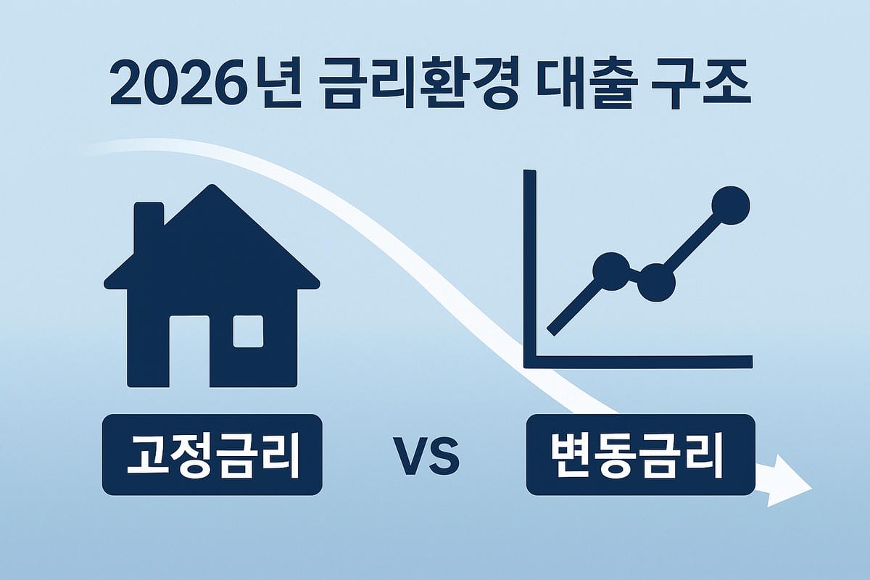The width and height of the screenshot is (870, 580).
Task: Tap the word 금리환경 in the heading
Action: (418, 83)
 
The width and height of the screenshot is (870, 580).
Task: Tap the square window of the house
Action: (248, 331)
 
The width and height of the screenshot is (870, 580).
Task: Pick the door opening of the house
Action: (189, 352)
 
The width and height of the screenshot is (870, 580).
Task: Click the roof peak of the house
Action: (212, 185)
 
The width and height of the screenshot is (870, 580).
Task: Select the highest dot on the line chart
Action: (731, 205)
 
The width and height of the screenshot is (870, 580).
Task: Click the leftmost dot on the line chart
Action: (611, 271)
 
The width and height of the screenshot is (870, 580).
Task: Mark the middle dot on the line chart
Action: (657, 283)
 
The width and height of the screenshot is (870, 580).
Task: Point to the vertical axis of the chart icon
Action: (530, 268)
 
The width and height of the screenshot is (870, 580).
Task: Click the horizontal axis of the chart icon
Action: (638, 362)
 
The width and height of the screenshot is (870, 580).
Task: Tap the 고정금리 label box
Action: (212, 455)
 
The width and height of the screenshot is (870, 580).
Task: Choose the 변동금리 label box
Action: (641, 455)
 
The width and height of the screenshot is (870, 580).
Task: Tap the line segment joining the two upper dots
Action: (694, 244)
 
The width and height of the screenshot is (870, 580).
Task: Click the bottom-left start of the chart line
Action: (552, 332)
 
